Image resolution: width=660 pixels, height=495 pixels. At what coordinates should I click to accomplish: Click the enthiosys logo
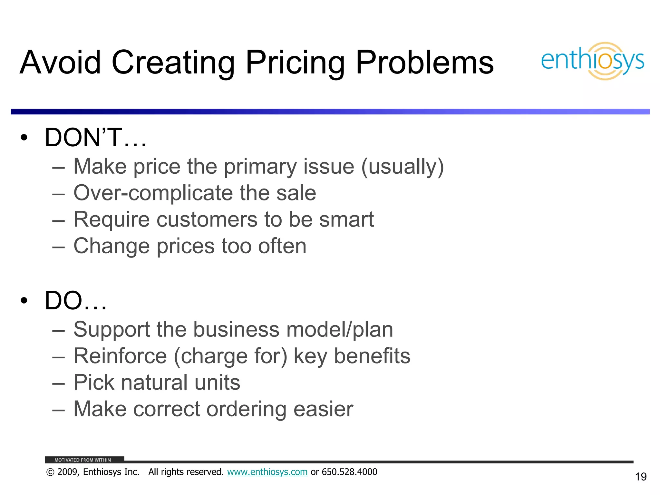pyautogui.click(x=592, y=61)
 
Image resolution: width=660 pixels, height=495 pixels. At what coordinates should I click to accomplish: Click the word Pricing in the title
pyautogui.click(x=295, y=63)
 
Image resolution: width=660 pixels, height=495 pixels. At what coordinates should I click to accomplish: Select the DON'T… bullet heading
pyautogui.click(x=95, y=138)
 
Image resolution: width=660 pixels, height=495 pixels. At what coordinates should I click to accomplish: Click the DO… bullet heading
pyautogui.click(x=75, y=301)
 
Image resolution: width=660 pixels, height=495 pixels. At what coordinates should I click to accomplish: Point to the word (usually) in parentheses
pyautogui.click(x=403, y=167)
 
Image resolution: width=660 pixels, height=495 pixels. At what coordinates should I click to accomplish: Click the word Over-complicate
pyautogui.click(x=153, y=193)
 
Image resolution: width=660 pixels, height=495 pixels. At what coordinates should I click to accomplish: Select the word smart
pyautogui.click(x=346, y=219)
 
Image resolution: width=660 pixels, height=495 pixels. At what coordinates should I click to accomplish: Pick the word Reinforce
pyautogui.click(x=120, y=356)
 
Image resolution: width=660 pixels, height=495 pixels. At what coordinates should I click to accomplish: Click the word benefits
pyautogui.click(x=372, y=356)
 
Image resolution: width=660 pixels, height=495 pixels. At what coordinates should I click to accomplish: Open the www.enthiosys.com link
pyautogui.click(x=267, y=472)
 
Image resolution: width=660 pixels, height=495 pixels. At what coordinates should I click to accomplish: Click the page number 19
pyautogui.click(x=641, y=477)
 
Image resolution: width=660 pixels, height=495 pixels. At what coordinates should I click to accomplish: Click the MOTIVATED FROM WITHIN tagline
pyautogui.click(x=82, y=460)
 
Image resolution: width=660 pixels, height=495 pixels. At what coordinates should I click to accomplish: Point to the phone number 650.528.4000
pyautogui.click(x=349, y=472)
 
